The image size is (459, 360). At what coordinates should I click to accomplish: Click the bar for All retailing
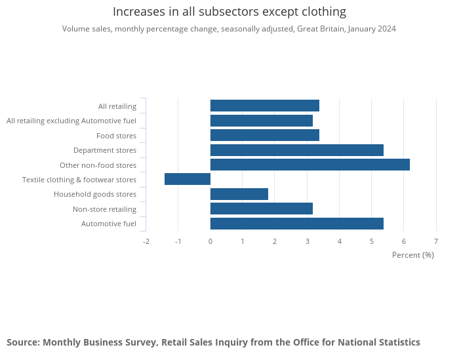tap(264, 106)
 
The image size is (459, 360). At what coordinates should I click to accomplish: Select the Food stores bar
tap(264, 135)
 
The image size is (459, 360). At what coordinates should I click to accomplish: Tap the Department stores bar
tap(296, 150)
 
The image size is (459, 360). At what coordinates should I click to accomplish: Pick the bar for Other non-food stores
tap(309, 165)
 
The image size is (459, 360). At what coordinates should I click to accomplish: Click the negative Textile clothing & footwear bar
tap(188, 179)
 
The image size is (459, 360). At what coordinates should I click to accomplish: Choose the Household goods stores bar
tap(239, 194)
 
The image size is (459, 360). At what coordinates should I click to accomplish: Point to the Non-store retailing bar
tap(261, 209)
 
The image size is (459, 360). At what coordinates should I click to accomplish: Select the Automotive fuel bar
tap(296, 224)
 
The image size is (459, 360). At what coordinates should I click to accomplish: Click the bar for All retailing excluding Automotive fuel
tap(261, 121)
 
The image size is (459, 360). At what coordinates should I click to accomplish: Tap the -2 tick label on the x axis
tap(146, 241)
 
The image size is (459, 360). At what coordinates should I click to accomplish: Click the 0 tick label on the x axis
tap(210, 241)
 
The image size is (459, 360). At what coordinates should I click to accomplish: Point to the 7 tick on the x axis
tap(436, 241)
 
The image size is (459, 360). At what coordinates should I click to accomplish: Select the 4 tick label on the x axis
tap(340, 241)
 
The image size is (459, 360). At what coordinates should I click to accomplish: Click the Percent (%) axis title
tap(412, 254)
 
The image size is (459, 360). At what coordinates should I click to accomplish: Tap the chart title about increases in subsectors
tap(229, 12)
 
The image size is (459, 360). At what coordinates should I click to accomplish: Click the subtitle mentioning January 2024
tap(229, 29)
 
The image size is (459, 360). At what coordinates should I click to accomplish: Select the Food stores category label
tap(116, 136)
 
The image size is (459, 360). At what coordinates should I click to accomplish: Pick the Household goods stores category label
tap(95, 194)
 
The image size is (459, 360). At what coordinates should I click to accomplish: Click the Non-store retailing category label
tap(104, 209)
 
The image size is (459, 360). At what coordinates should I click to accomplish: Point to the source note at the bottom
tap(213, 342)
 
